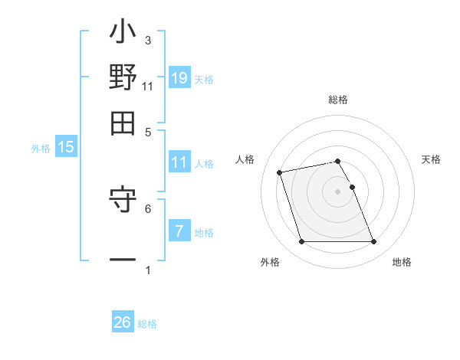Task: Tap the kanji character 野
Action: pyautogui.click(x=123, y=77)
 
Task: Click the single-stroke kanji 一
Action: pyautogui.click(x=123, y=260)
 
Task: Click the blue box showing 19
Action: pyautogui.click(x=179, y=77)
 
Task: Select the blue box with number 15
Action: pyautogui.click(x=66, y=147)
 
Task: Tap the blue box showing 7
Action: pyautogui.click(x=179, y=231)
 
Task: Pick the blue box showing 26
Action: pyautogui.click(x=123, y=322)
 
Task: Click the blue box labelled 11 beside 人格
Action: pyautogui.click(x=179, y=162)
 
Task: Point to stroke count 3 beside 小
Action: pyautogui.click(x=148, y=40)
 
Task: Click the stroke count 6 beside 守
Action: pyautogui.click(x=148, y=208)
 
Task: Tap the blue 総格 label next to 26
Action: pyautogui.click(x=147, y=324)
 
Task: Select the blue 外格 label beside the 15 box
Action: pyautogui.click(x=41, y=149)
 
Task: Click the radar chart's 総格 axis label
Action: pyautogui.click(x=337, y=100)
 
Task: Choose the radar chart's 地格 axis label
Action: pyautogui.click(x=402, y=263)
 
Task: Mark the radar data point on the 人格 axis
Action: pyautogui.click(x=280, y=172)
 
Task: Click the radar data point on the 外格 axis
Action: pyautogui.click(x=301, y=242)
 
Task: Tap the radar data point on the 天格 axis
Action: pyautogui.click(x=352, y=187)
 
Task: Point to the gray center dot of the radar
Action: pyautogui.click(x=337, y=191)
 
